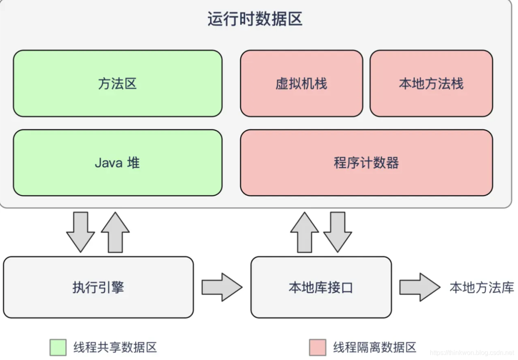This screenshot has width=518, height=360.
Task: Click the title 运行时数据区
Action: coord(255,19)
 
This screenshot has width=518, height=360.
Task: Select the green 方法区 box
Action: coord(118,84)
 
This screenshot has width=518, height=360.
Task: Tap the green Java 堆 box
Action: coord(118,163)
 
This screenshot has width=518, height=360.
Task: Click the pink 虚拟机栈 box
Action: coord(301,84)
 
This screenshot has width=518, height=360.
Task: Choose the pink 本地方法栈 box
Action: coord(431,84)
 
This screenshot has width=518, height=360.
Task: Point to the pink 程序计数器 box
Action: coord(366,163)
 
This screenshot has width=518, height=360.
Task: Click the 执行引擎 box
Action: coord(98,287)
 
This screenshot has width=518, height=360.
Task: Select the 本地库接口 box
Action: coord(321,287)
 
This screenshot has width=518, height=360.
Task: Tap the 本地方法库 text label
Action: coord(482,287)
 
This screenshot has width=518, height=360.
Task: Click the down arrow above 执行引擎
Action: coord(80,232)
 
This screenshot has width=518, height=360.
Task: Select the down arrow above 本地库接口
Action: coord(338,232)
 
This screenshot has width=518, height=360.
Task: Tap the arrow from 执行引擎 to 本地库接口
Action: coord(222,287)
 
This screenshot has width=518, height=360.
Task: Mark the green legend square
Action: coord(58,347)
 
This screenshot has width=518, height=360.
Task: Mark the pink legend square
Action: coord(318,347)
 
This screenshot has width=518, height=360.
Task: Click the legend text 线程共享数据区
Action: coord(115,347)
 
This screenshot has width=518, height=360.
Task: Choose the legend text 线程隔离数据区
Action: coord(375,347)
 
